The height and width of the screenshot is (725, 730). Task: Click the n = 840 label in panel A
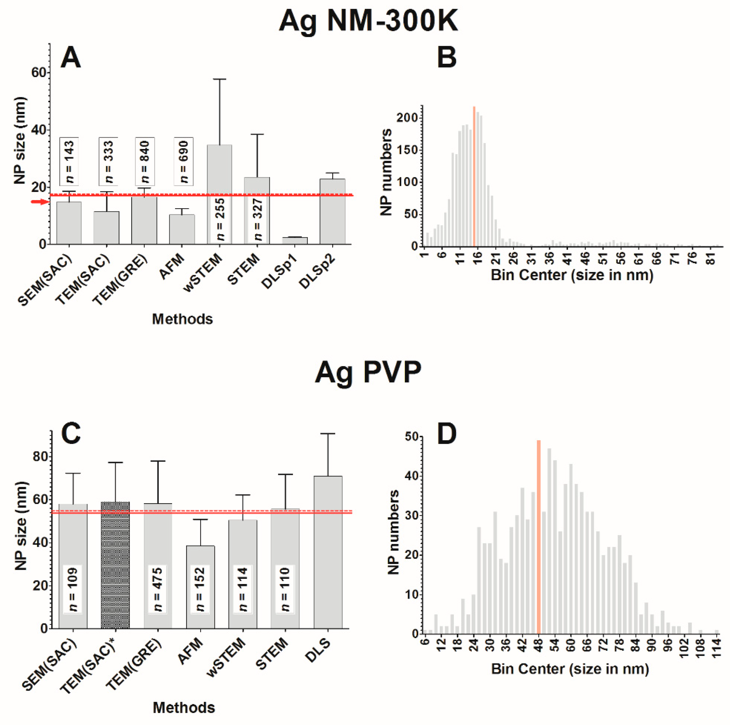pyautogui.click(x=145, y=161)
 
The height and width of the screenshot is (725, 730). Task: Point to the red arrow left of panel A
pyautogui.click(x=40, y=202)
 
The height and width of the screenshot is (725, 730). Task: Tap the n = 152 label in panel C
pyautogui.click(x=200, y=589)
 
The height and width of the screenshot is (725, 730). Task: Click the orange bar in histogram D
pyautogui.click(x=538, y=537)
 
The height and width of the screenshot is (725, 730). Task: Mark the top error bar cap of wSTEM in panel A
pyautogui.click(x=219, y=79)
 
